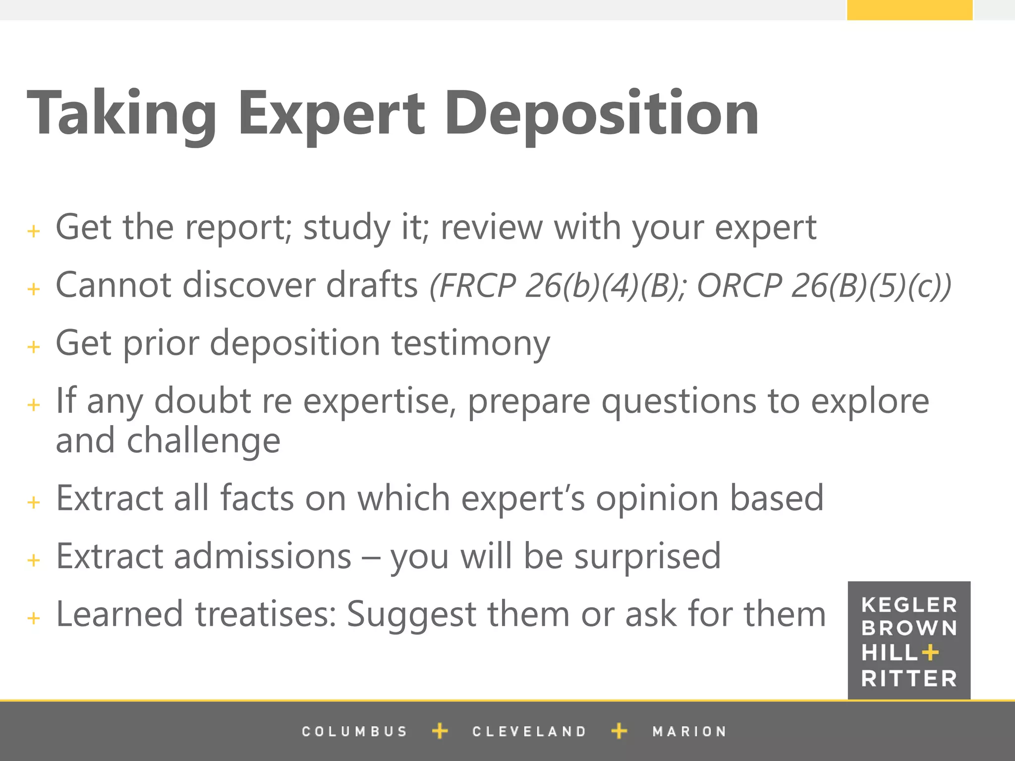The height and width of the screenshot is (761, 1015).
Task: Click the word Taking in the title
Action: tap(121, 113)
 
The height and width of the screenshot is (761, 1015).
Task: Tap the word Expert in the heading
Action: tap(331, 113)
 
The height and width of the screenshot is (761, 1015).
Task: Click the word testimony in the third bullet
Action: tap(471, 343)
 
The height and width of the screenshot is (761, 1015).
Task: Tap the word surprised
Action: tap(647, 556)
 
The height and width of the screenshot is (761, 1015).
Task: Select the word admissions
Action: tap(263, 556)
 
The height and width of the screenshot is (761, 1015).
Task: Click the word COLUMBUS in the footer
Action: tap(354, 731)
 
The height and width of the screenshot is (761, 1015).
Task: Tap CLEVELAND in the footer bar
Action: tap(529, 731)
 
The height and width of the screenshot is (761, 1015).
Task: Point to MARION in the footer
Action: tap(689, 731)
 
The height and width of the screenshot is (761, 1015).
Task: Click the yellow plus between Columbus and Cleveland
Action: tap(440, 731)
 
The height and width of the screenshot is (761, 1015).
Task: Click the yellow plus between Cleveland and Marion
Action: tap(619, 731)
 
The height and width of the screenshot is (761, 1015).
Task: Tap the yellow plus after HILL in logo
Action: tap(930, 652)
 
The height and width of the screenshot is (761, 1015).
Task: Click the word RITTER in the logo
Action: tap(909, 678)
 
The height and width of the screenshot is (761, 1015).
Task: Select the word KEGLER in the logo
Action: tap(909, 605)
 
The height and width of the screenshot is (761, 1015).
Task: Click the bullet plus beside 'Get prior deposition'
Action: tap(34, 346)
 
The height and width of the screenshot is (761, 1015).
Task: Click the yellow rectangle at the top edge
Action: tap(909, 10)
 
